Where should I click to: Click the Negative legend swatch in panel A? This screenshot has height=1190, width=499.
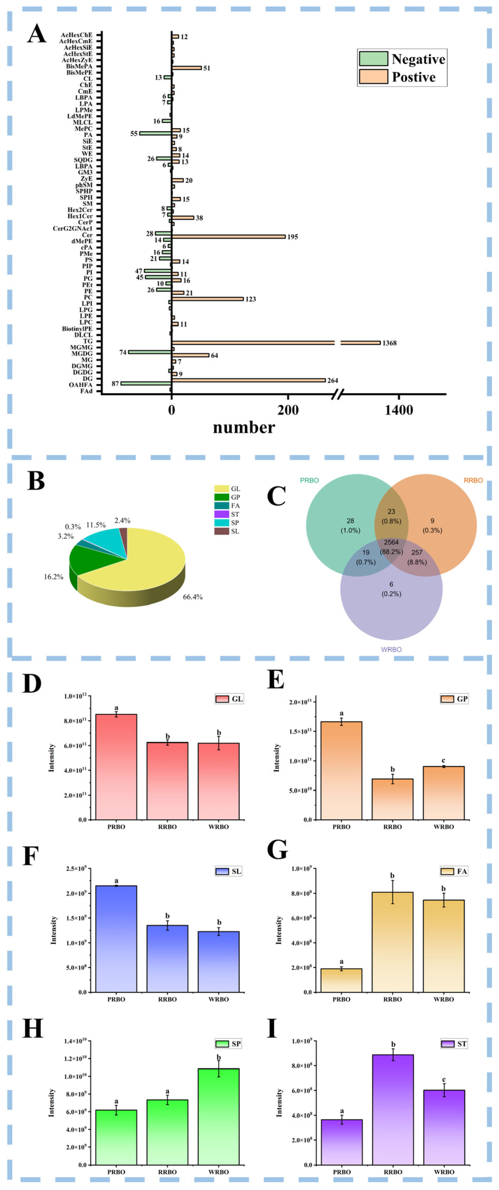click(x=373, y=59)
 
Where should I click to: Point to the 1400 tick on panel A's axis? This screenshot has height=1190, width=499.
click(x=399, y=410)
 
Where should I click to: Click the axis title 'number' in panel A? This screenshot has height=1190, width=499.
click(x=244, y=427)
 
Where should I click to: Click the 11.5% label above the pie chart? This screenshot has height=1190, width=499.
click(x=96, y=525)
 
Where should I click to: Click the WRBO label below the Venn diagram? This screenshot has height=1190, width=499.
click(x=391, y=649)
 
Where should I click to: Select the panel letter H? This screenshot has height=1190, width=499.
click(x=32, y=1029)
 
